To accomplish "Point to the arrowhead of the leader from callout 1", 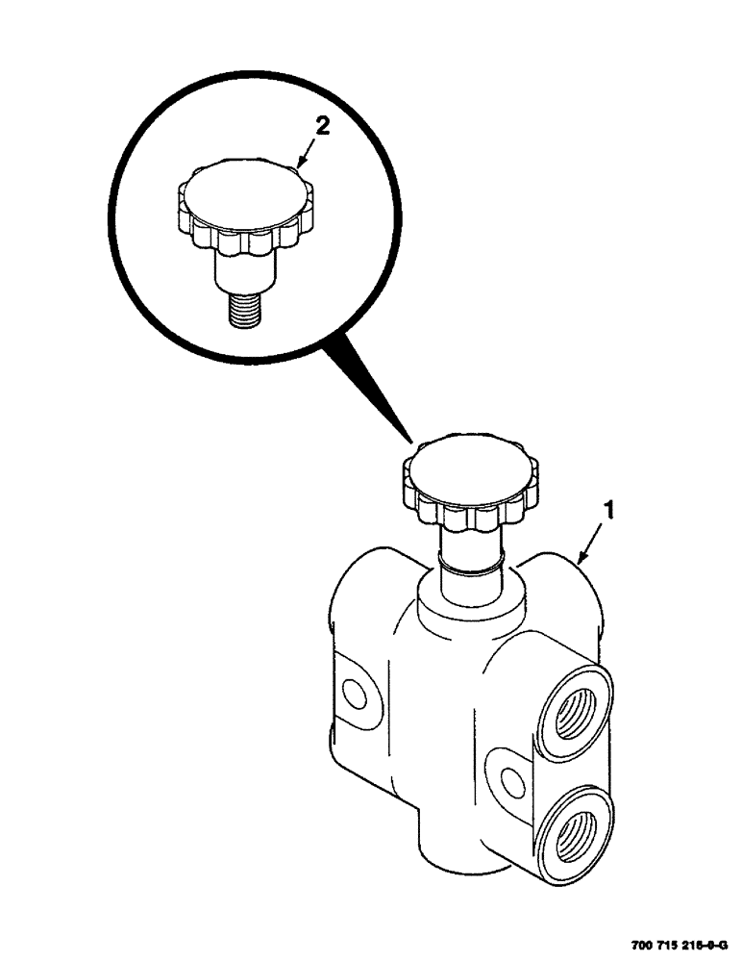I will coord(578,559).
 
